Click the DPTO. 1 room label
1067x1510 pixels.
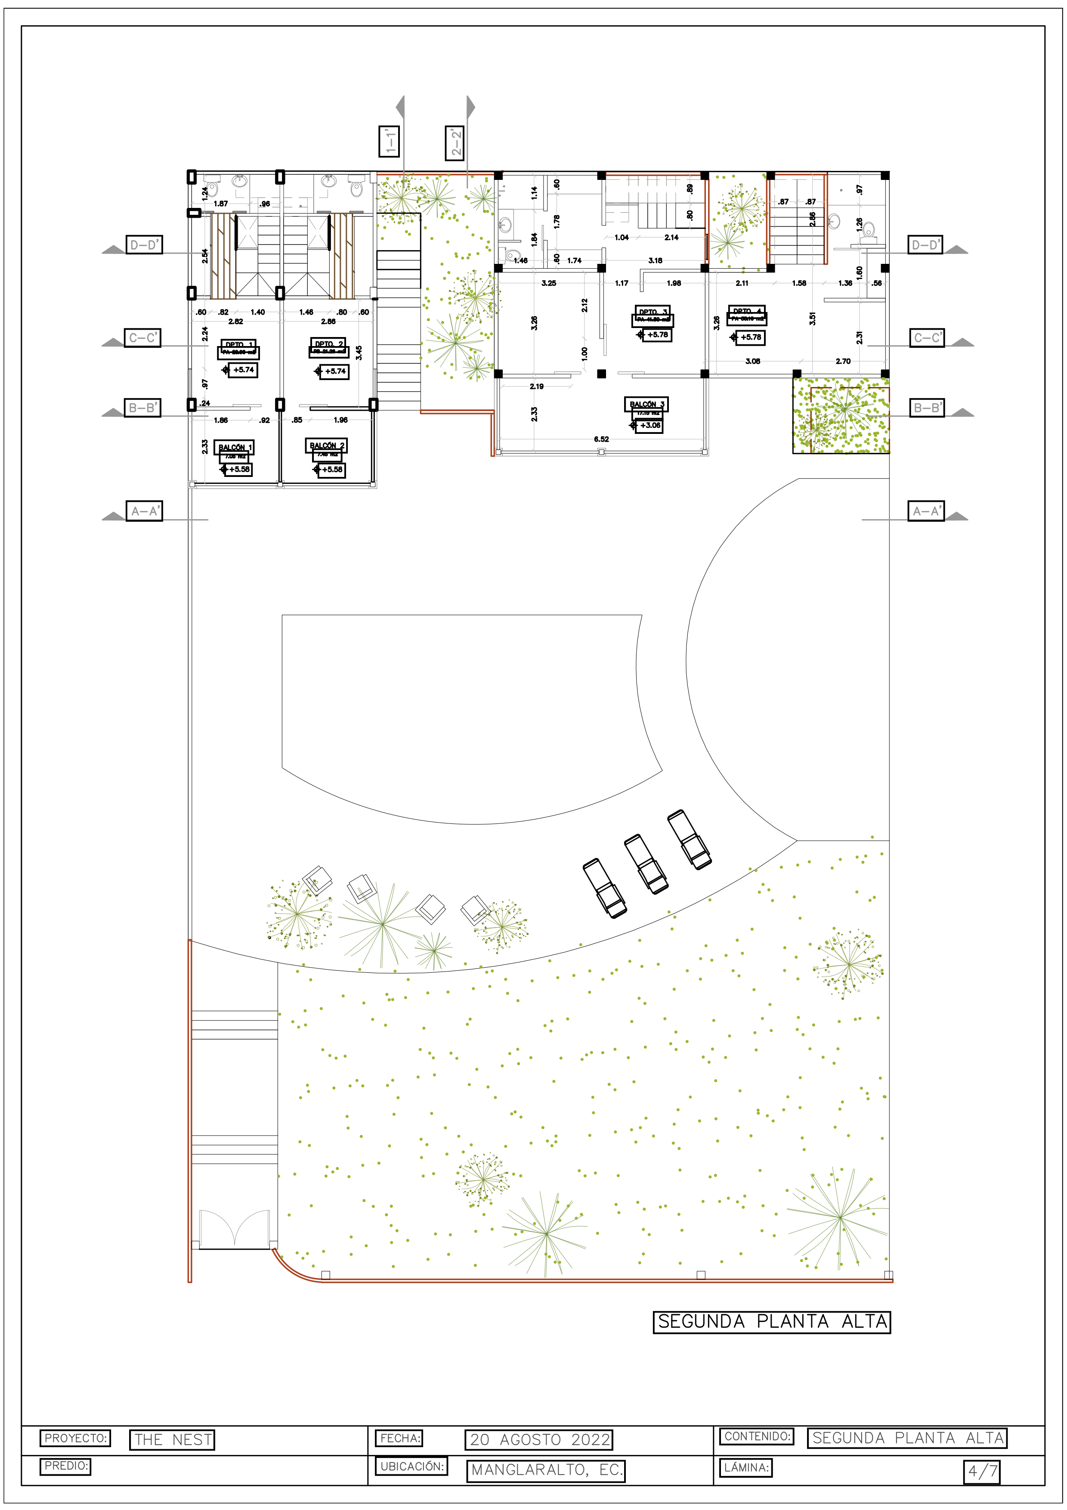(238, 345)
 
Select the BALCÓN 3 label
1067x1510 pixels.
(646, 404)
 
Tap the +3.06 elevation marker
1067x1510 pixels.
(649, 426)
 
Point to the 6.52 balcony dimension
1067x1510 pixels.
(601, 439)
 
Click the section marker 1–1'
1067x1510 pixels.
(389, 141)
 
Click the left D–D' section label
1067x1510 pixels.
(144, 245)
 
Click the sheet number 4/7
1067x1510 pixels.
(981, 1471)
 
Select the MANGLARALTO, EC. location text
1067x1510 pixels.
(546, 1470)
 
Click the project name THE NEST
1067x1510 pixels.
(172, 1440)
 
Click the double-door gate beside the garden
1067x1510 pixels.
(235, 1228)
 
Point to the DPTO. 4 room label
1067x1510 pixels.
(746, 311)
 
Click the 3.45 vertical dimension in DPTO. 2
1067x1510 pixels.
(359, 353)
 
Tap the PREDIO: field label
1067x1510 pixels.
(66, 1466)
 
